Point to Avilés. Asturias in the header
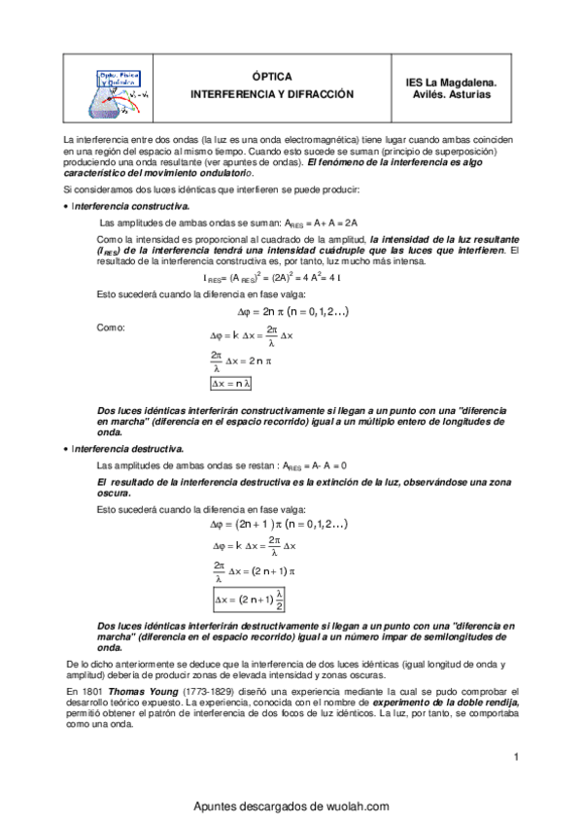click(x=450, y=95)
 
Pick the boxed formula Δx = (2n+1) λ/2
click(x=250, y=598)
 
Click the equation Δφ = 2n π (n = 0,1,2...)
click(x=293, y=312)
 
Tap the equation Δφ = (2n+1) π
click(x=293, y=524)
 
